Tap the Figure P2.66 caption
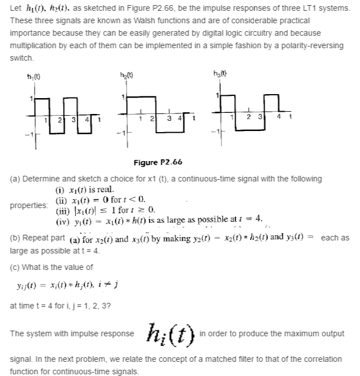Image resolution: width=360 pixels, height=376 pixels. tap(158, 163)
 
